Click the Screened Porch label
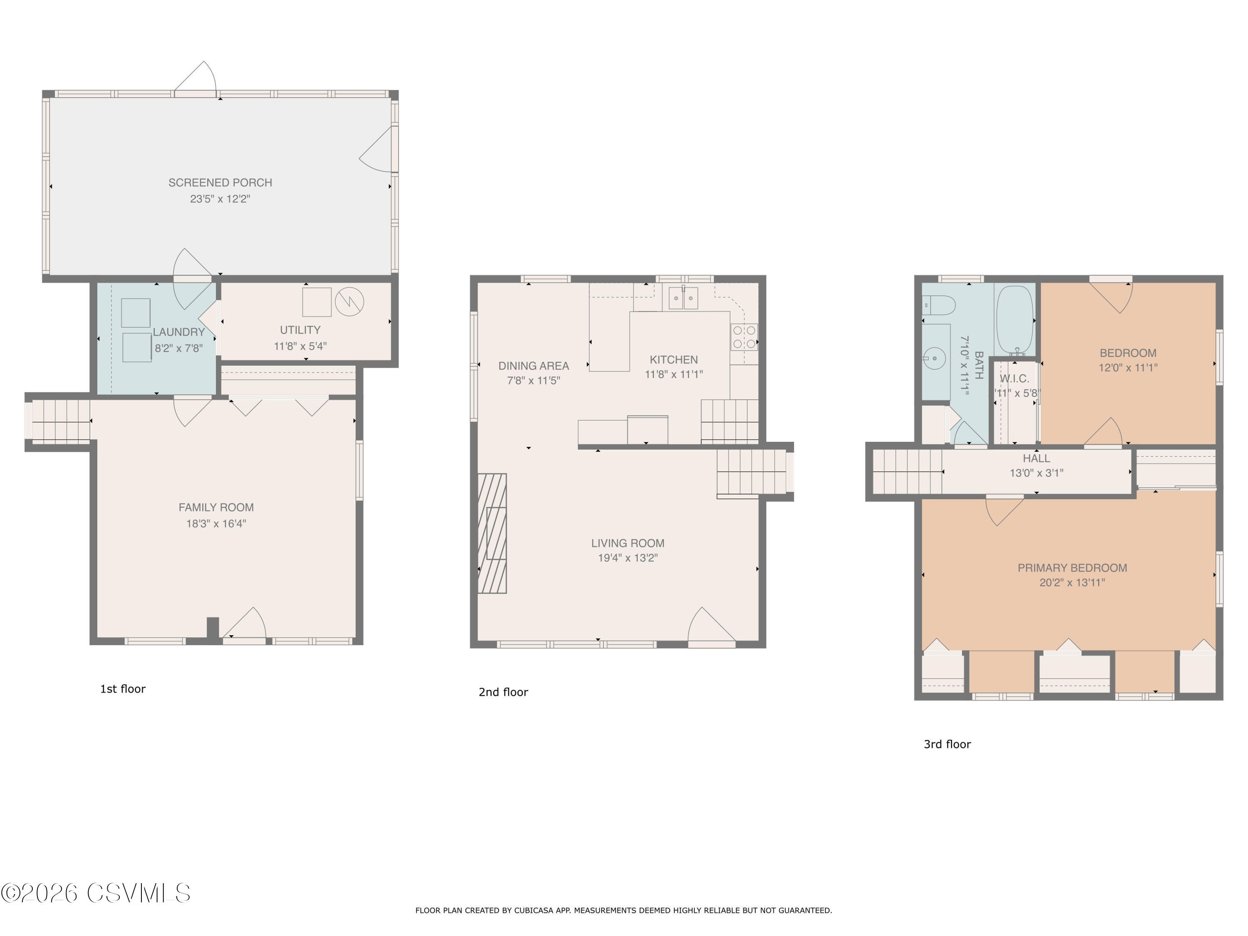click(x=220, y=183)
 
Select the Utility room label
click(x=300, y=330)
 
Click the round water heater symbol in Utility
click(x=349, y=302)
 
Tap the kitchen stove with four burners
click(x=744, y=337)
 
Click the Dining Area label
click(x=533, y=366)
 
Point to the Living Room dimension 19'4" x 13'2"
click(x=627, y=558)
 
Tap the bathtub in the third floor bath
click(x=1015, y=319)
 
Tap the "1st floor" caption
click(x=123, y=689)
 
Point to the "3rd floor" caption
click(x=947, y=744)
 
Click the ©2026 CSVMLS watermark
click(x=96, y=893)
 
